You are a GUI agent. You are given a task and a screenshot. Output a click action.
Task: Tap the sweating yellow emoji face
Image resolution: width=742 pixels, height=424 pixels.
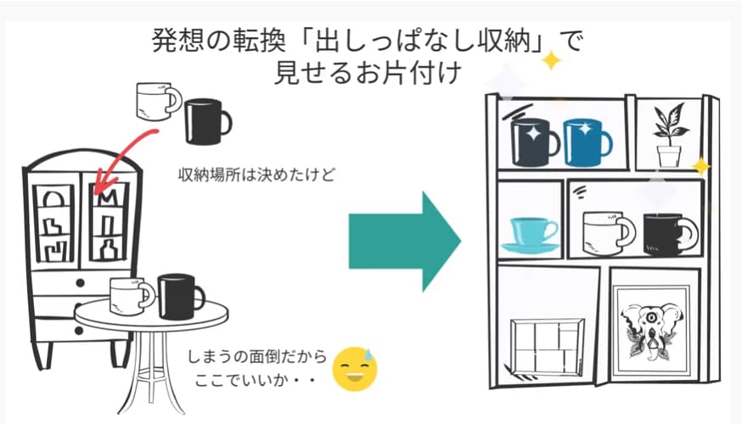pos(355,367)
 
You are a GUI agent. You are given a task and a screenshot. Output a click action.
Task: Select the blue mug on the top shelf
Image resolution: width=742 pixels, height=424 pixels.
pos(586,142)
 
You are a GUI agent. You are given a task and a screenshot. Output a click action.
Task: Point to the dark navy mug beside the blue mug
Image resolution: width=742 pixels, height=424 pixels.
pos(535,142)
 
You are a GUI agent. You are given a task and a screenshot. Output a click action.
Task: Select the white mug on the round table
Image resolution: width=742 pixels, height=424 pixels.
pos(132,296)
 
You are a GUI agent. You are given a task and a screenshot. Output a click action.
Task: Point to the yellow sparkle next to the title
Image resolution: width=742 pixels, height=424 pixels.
pos(552,60)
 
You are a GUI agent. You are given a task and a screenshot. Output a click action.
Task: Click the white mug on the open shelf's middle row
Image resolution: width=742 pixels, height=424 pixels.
pos(607,233)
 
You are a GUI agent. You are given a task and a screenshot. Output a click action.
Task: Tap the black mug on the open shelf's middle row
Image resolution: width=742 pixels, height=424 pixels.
pos(667,233)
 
